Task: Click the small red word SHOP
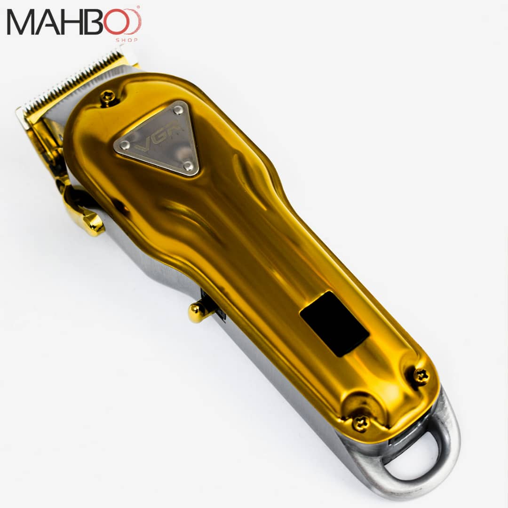tap(127, 40)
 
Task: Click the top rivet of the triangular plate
tap(178, 110)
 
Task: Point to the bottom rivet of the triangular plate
tap(188, 166)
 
